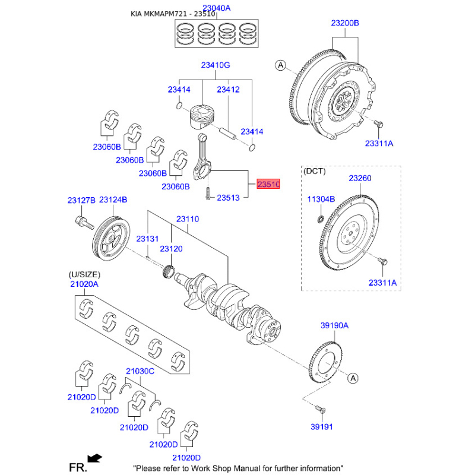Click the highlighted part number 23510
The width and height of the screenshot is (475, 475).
(268, 185)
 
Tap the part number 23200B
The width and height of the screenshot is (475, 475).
(345, 23)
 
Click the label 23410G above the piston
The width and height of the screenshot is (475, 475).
(215, 65)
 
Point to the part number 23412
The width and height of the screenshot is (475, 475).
(227, 90)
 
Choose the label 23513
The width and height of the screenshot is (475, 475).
(228, 197)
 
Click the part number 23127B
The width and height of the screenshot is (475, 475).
(81, 201)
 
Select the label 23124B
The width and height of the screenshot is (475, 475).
(113, 201)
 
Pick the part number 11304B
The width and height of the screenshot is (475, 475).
(321, 199)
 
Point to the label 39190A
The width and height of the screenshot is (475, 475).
(334, 326)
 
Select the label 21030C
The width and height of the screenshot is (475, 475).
(140, 372)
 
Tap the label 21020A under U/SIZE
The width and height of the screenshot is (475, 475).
(84, 285)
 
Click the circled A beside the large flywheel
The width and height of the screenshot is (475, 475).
(281, 65)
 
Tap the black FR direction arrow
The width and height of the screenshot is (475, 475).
(94, 457)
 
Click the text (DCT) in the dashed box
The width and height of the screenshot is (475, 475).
(315, 171)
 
